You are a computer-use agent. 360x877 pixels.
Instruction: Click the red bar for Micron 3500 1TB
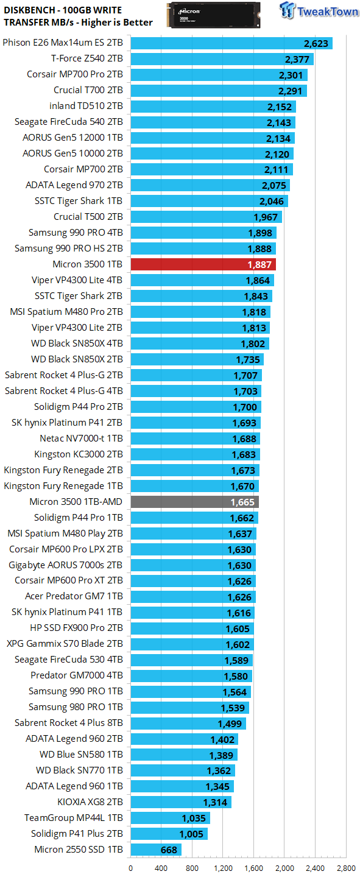(x=203, y=264)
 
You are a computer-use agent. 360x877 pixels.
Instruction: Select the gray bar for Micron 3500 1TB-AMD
(x=194, y=502)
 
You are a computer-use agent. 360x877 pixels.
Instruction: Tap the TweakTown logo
(x=319, y=12)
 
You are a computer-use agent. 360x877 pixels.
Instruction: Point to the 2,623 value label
(x=316, y=43)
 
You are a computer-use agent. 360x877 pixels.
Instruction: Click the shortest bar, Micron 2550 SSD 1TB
(x=156, y=850)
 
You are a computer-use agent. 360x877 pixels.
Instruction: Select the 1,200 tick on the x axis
(x=223, y=868)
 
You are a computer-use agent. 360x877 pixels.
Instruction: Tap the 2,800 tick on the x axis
(x=346, y=868)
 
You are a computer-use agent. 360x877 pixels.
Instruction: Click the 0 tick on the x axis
(x=131, y=868)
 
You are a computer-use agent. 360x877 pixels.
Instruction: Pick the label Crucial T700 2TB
(x=88, y=90)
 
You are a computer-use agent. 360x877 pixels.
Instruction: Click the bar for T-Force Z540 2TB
(x=222, y=59)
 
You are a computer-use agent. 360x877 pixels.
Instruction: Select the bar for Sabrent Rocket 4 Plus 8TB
(x=188, y=724)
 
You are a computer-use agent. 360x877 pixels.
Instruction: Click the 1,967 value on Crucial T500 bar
(x=266, y=217)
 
